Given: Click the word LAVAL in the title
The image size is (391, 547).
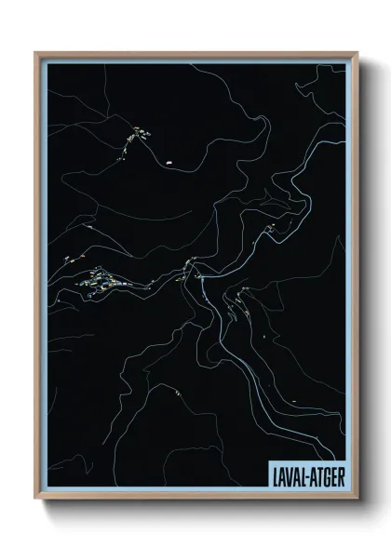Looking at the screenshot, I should click(288, 474).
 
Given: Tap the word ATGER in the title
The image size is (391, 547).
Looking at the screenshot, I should click(326, 474).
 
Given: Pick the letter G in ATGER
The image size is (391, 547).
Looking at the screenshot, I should click(326, 474).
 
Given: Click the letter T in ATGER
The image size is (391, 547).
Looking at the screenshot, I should click(318, 474).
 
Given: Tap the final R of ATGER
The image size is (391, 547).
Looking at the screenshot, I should click(341, 474).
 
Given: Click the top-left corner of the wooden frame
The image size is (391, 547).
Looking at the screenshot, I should click(36, 53).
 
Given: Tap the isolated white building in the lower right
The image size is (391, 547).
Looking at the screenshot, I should click(293, 401).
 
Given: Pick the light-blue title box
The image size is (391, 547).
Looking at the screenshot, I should click(306, 474).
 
